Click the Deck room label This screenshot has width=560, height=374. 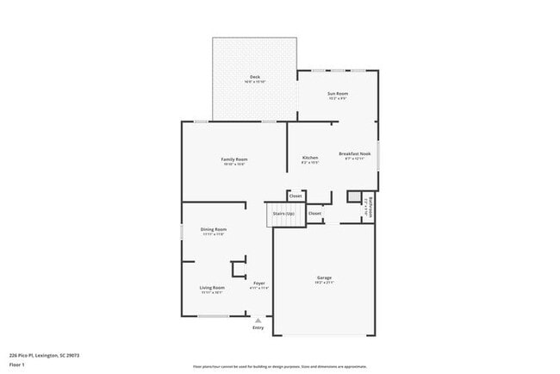255,77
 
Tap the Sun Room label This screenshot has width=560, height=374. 337,93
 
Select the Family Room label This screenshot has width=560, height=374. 234,159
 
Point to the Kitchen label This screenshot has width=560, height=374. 310,158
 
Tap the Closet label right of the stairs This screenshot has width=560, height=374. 314,213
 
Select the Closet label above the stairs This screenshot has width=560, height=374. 296,196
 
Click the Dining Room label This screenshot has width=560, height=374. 213,229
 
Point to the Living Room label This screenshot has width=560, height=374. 212,287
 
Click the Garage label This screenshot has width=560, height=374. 324,277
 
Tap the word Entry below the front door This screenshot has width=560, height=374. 258,327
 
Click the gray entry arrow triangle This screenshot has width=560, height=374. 258,320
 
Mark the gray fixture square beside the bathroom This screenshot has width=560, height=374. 353,197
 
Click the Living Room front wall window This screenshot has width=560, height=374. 213,316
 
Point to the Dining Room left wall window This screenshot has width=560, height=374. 182,231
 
